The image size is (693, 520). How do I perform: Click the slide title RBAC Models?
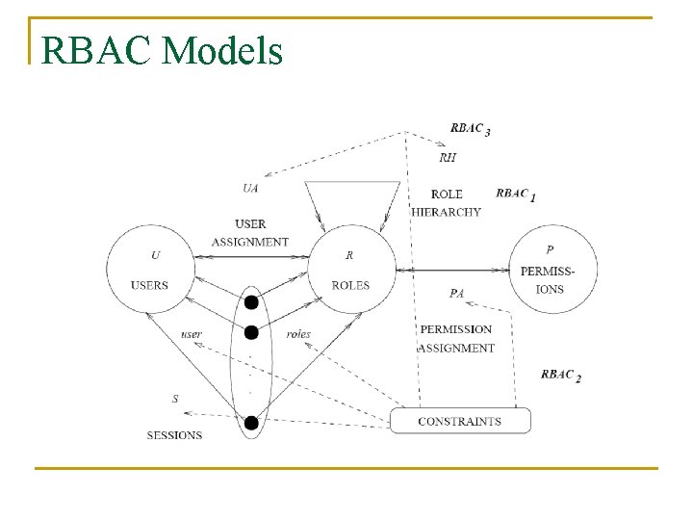coord(163,50)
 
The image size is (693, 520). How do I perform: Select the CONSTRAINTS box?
coord(459,421)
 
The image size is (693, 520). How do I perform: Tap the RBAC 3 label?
coord(471,129)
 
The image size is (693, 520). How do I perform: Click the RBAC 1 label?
coord(516,194)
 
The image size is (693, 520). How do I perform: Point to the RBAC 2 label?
coord(561,375)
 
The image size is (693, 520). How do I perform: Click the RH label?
coord(448,158)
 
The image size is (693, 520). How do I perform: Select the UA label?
coord(250,188)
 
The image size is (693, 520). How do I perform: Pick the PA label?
coord(457,293)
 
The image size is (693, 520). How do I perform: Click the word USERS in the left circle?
coord(149,285)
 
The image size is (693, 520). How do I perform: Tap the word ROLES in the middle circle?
coord(349,285)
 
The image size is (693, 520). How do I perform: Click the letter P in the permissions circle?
coord(550,249)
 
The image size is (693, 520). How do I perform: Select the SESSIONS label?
coord(174,435)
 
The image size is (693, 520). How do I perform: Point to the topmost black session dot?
coord(251,302)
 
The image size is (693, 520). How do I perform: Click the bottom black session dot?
coord(251,422)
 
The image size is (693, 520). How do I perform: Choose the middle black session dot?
coord(251,332)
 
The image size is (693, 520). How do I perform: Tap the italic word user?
coord(192,334)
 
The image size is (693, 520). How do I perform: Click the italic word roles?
coord(298,334)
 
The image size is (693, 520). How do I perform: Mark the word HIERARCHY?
coord(447,212)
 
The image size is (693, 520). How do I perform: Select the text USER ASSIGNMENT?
coord(250,233)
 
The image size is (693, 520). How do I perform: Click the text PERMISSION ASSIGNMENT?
coord(456,339)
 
